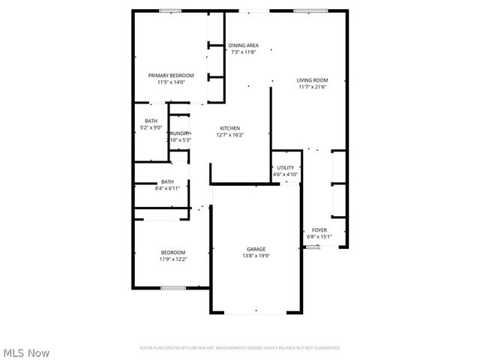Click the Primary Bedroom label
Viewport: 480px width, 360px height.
pos(171,75)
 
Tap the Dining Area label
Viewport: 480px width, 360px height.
pos(243,45)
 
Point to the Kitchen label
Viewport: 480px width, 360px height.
pos(229,128)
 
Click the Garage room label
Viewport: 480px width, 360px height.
pos(256,249)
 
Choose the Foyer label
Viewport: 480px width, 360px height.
pos(319,230)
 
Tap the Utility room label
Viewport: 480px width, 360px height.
pos(285,168)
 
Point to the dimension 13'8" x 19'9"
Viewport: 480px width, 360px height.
pos(256,256)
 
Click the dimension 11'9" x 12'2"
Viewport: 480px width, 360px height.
pos(172,259)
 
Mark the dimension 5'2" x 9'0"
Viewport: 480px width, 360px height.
pos(151,127)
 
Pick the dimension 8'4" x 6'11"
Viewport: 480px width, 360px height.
pos(167,187)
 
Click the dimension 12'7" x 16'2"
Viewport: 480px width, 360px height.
pos(229,135)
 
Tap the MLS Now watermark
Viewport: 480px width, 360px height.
pos(27,352)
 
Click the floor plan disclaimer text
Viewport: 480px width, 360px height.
pos(240,348)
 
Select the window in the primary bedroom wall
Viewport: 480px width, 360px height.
pos(170,10)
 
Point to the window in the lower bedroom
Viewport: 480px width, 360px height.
pos(172,288)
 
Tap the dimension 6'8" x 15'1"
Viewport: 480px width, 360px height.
pos(319,237)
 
